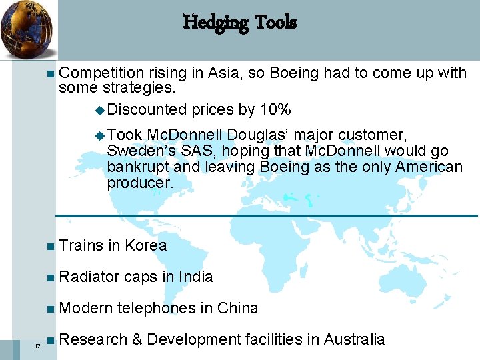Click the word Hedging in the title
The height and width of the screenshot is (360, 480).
point(214,23)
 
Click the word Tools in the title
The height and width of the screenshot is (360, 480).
point(274,23)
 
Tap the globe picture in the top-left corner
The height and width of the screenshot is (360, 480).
point(26,30)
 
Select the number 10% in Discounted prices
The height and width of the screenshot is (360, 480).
point(273,109)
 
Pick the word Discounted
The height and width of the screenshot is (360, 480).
point(147,109)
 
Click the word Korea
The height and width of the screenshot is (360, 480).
point(145,245)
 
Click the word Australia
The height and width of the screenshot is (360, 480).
point(354,339)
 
